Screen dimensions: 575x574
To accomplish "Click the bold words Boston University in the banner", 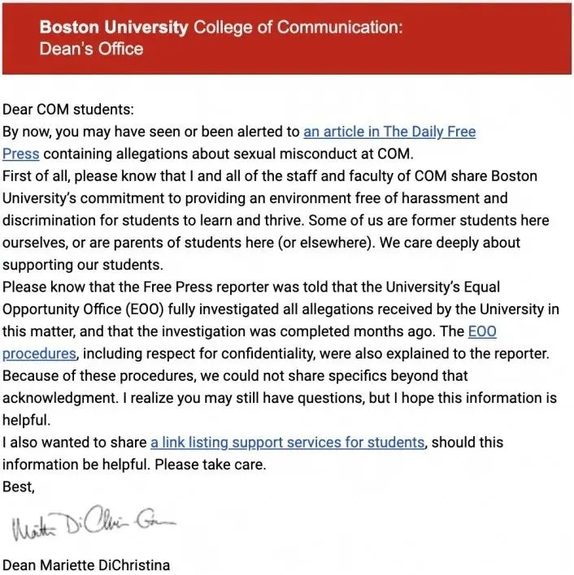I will click(x=113, y=27).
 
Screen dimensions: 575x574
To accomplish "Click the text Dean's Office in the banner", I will click(x=91, y=49).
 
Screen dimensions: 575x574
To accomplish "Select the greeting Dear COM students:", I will click(x=67, y=110).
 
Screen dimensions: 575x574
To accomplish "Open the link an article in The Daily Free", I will click(x=389, y=132).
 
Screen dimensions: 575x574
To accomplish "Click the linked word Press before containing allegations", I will click(x=21, y=153).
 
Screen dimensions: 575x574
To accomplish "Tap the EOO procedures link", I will click(x=40, y=353).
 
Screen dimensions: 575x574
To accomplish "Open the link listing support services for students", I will click(x=288, y=443).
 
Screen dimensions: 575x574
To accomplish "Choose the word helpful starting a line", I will click(x=24, y=420).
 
